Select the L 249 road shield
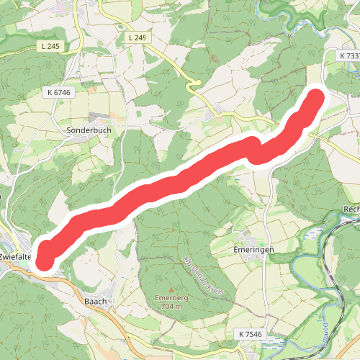pos(139,37)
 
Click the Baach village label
pos(96,302)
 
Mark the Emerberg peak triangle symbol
pos(171,289)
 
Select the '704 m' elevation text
pos(171,305)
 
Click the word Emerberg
pos(171,297)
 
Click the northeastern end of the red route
pos(315,99)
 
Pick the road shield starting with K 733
pos(349,55)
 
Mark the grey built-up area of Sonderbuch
pos(96,118)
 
